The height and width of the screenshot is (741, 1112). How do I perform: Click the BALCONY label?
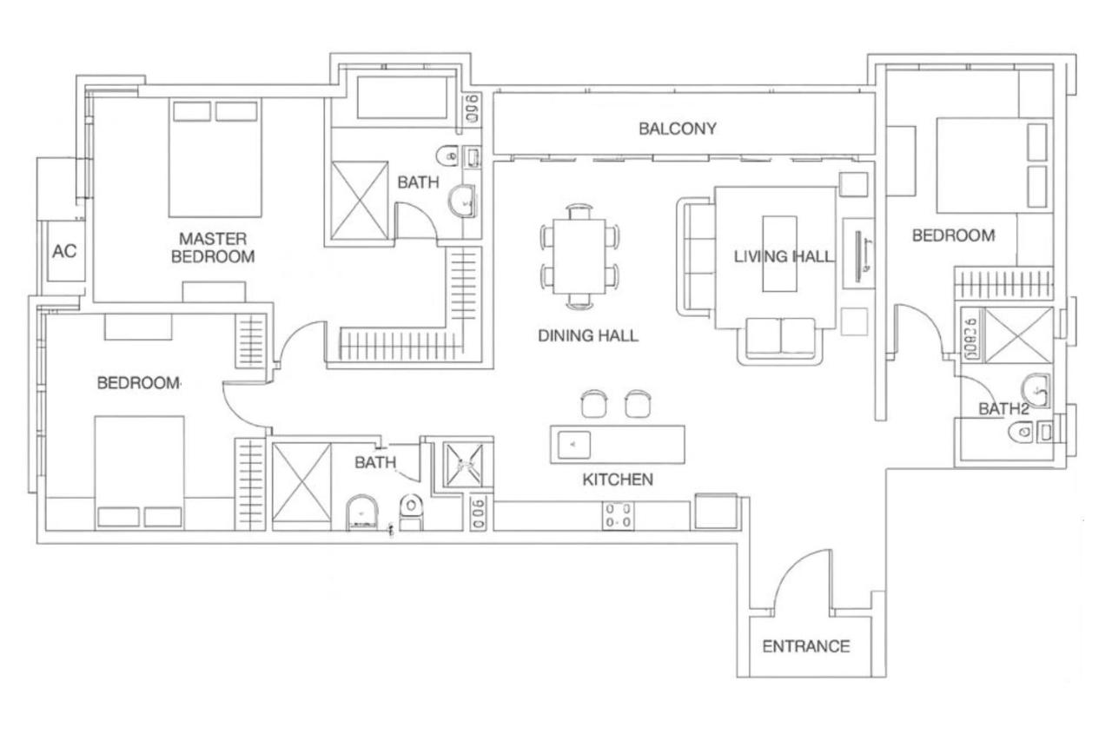[678, 129]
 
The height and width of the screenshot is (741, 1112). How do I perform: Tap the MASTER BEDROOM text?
[213, 248]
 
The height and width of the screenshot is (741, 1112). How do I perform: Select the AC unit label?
[64, 252]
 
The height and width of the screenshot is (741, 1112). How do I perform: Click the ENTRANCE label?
[805, 646]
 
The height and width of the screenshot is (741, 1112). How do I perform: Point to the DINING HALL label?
[587, 335]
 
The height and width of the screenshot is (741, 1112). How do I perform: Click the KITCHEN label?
[617, 480]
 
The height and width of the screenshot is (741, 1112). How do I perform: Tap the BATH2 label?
[1003, 408]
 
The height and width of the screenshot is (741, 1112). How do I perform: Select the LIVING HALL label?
[784, 256]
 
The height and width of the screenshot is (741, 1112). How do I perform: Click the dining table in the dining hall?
[579, 256]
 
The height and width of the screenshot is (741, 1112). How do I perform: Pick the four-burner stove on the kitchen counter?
[618, 516]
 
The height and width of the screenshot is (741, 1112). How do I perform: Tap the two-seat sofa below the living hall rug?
[780, 340]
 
